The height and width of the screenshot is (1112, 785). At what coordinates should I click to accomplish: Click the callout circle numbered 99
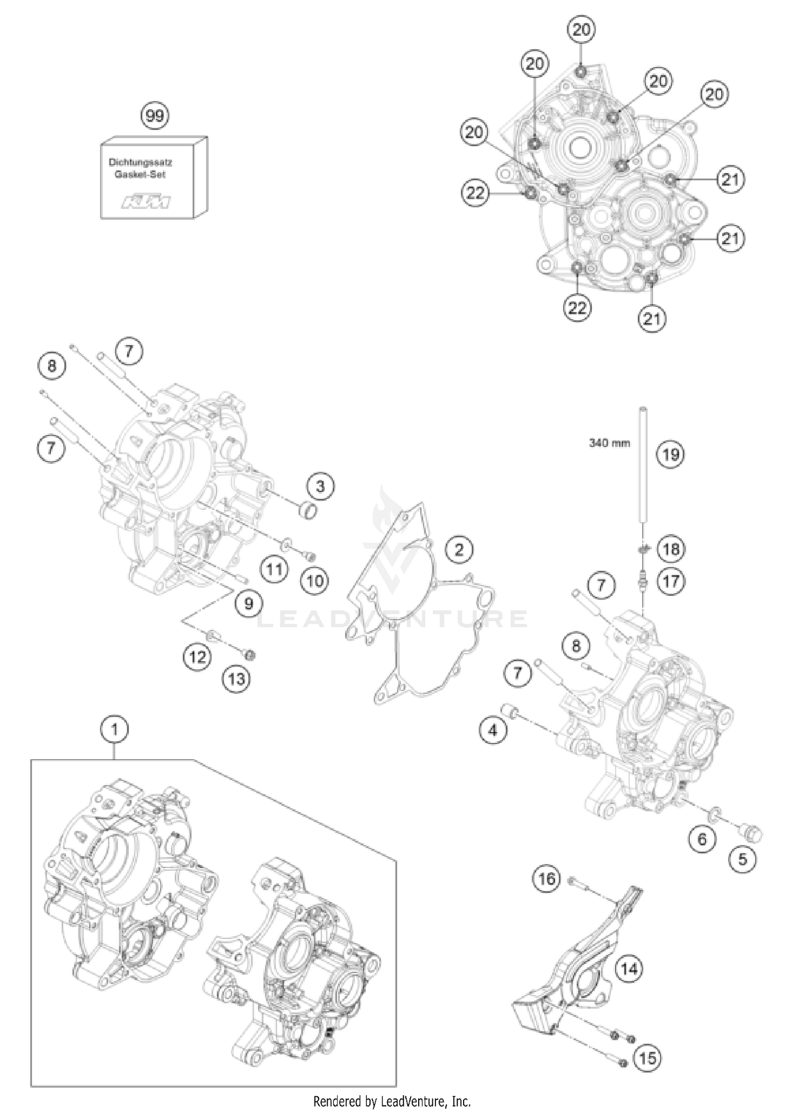click(155, 115)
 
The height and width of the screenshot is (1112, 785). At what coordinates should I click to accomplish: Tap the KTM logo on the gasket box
click(146, 202)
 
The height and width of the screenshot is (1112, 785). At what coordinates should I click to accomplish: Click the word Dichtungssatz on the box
click(141, 163)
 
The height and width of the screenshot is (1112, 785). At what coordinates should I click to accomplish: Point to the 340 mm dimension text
click(610, 443)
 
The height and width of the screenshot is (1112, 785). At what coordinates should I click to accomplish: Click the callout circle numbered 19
click(670, 454)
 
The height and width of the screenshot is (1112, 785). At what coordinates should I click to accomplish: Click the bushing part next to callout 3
click(309, 510)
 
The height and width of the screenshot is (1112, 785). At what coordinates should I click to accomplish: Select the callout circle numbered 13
click(236, 679)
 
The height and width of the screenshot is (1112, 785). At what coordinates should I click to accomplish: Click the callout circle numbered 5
click(743, 859)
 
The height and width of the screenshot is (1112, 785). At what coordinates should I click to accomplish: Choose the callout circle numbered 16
click(546, 878)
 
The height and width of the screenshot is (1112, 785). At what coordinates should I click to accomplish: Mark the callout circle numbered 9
click(249, 604)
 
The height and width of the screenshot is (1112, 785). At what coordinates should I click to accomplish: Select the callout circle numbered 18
click(670, 549)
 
